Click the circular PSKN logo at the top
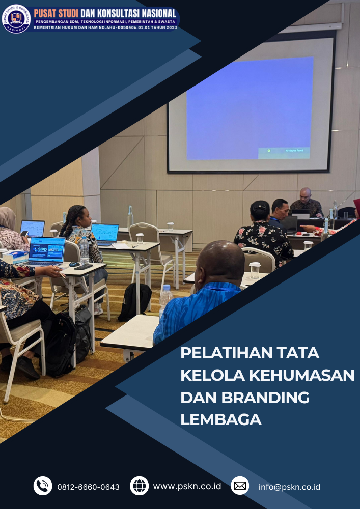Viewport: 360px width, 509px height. coord(16,19)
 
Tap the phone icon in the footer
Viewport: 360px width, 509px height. coord(43,486)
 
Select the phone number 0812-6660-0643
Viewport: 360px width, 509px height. coord(89,487)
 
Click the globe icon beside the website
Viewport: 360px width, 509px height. coord(139,486)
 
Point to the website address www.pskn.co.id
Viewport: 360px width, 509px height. coord(187,486)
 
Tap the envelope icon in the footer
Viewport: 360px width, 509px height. coord(240,486)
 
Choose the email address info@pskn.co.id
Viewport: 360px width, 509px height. coord(289,487)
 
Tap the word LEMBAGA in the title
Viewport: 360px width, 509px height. coord(221,419)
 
